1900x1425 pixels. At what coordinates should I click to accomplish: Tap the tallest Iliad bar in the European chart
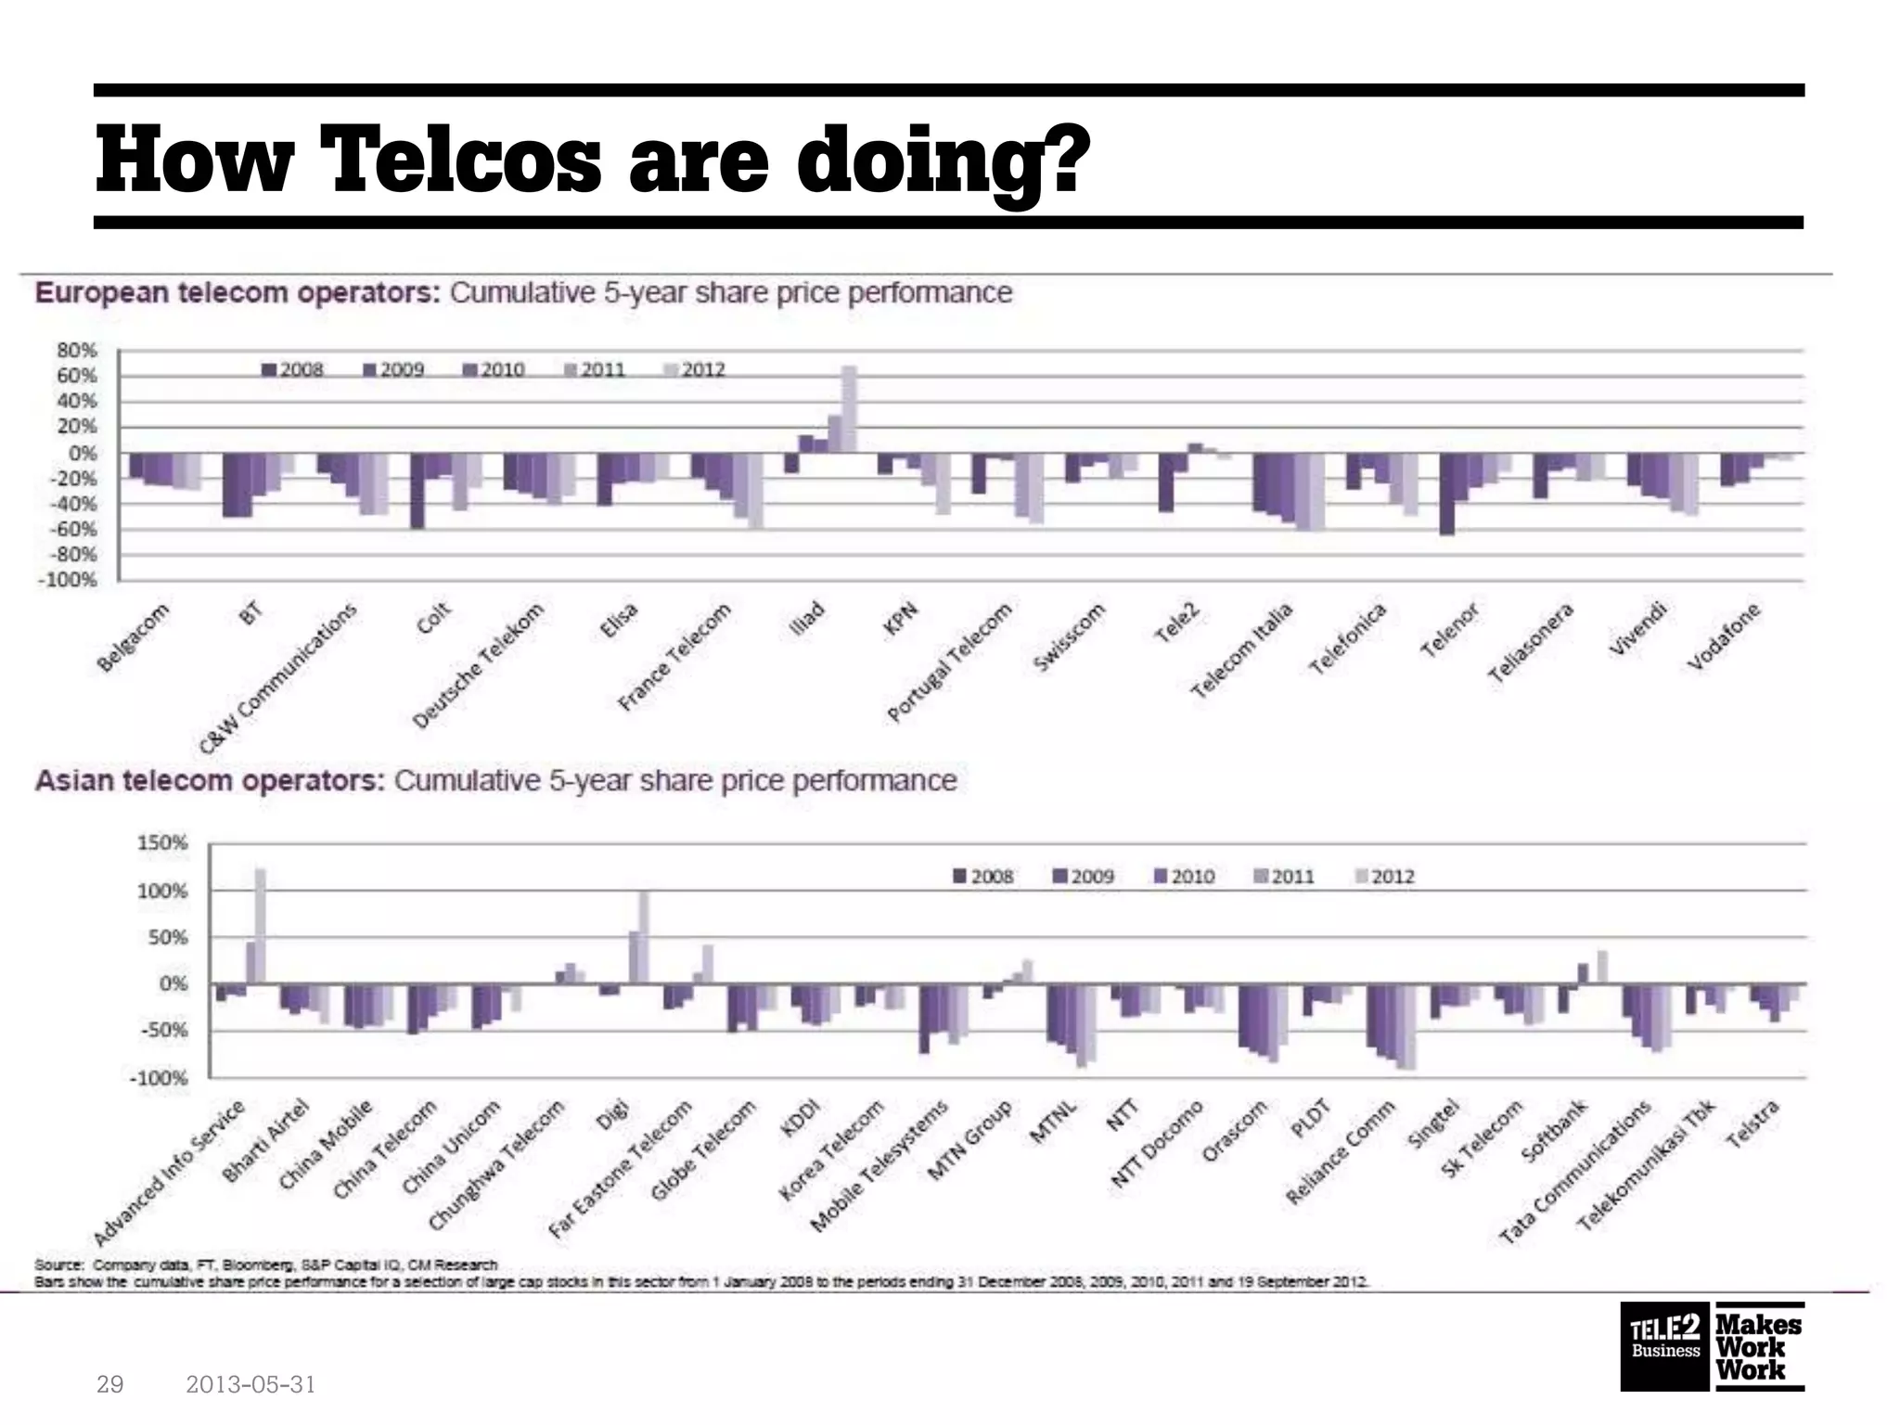pos(848,408)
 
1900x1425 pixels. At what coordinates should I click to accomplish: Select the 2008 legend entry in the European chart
pos(293,369)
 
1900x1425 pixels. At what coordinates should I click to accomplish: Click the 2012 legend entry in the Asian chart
pos(1385,876)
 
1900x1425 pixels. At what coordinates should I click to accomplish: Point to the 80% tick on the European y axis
pos(77,351)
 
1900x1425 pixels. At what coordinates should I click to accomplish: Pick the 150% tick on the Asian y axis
pos(163,843)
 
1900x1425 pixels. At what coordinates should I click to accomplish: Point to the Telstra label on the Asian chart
pos(1752,1123)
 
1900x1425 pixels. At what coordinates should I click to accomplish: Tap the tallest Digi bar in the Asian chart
pos(644,937)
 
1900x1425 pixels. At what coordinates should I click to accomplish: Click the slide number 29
pos(109,1385)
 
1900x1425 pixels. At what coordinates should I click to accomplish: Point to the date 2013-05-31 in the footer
pos(250,1385)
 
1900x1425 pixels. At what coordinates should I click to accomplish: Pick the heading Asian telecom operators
pos(210,780)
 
